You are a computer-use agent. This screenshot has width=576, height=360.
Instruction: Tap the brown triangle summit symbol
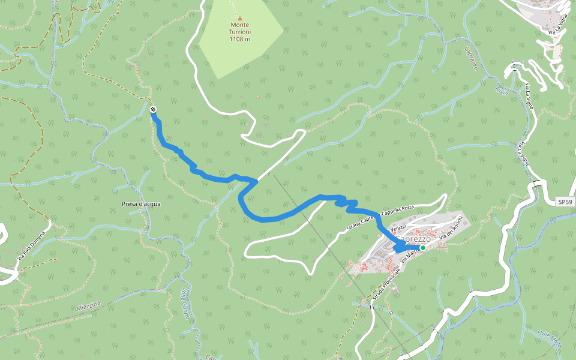pyautogui.click(x=240, y=18)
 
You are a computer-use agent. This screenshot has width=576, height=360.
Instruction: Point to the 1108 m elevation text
pyautogui.click(x=239, y=39)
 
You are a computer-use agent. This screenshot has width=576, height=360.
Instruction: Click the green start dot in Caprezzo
pyautogui.click(x=422, y=248)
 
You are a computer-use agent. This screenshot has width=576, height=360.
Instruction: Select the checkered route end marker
pyautogui.click(x=153, y=109)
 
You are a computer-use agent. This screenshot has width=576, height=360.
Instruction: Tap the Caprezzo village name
pyautogui.click(x=413, y=239)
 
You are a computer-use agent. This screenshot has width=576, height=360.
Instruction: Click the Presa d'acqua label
pyautogui.click(x=141, y=204)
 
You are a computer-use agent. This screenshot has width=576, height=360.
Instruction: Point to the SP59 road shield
pyautogui.click(x=565, y=202)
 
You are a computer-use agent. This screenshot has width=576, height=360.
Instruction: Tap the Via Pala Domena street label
pyautogui.click(x=31, y=245)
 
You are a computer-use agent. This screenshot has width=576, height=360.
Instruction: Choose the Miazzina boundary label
pyautogui.click(x=88, y=307)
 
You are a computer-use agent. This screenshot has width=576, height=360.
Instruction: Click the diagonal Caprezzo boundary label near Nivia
pyautogui.click(x=470, y=59)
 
